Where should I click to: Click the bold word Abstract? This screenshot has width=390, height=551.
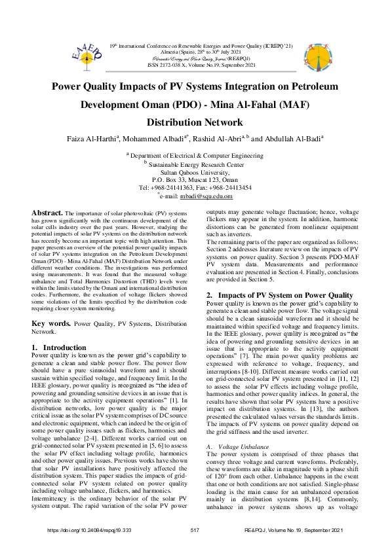[x=47, y=214]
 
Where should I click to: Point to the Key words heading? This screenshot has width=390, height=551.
[x=52, y=324]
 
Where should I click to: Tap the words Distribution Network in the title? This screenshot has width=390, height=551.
[x=195, y=122]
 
